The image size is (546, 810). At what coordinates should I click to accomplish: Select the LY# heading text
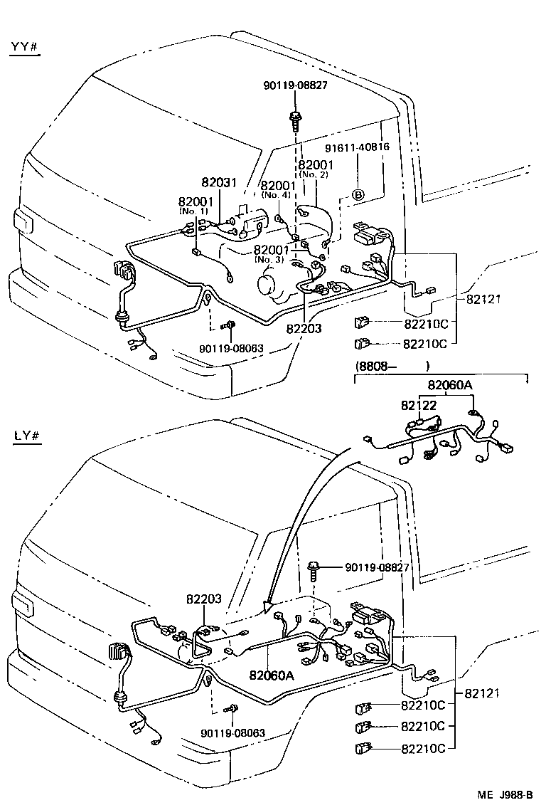coord(24,435)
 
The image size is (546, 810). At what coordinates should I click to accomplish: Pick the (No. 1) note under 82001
coord(194,211)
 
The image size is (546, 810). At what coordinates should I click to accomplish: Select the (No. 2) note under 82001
coord(313,174)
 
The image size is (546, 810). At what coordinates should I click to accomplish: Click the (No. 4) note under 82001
coord(275,194)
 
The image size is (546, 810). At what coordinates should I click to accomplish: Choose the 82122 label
coord(418,405)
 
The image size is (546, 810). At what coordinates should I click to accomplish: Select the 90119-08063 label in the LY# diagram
coord(232,733)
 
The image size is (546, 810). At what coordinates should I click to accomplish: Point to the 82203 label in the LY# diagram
coord(205,600)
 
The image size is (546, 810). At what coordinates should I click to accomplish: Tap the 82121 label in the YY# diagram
coord(483,299)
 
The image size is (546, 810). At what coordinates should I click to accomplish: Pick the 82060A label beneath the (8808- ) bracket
coord(449,385)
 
